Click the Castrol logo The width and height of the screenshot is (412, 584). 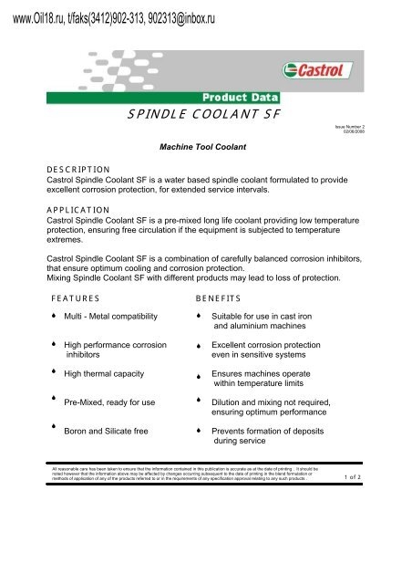[317, 69]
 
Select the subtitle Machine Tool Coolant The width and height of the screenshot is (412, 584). [205, 145]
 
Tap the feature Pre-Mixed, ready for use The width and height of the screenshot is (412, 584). [109, 401]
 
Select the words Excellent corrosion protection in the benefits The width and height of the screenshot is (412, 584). [265, 347]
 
